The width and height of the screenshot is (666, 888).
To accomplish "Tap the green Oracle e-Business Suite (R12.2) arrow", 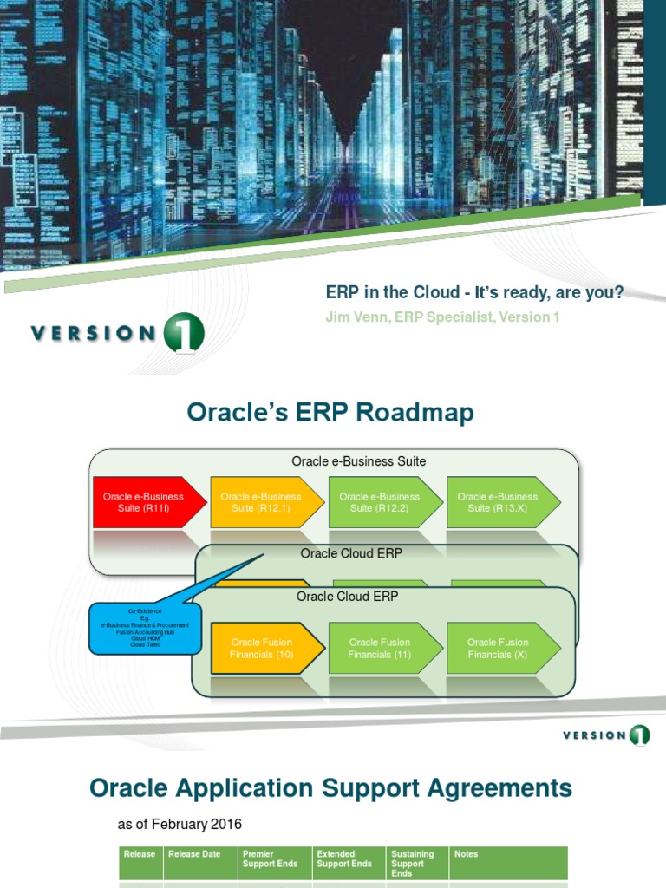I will (379, 502).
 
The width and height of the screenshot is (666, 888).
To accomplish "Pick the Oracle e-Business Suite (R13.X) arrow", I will (498, 502).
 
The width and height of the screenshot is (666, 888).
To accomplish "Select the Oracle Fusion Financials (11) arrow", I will (379, 648).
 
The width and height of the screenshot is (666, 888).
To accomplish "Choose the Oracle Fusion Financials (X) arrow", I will (498, 648).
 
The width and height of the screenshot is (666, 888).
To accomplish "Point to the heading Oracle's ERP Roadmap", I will (330, 413).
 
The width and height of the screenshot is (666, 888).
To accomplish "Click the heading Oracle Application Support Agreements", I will (330, 788).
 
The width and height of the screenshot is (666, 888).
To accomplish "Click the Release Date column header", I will (194, 854).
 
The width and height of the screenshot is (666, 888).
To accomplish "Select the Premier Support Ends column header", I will (271, 859).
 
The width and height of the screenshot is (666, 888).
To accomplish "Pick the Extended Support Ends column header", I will (344, 859).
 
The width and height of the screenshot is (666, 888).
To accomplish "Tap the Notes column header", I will (466, 854).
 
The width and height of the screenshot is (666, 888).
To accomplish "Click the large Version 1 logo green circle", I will (183, 334).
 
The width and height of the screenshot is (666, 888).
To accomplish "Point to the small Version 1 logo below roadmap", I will (605, 735).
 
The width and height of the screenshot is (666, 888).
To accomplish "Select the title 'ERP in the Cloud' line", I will (473, 292).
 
